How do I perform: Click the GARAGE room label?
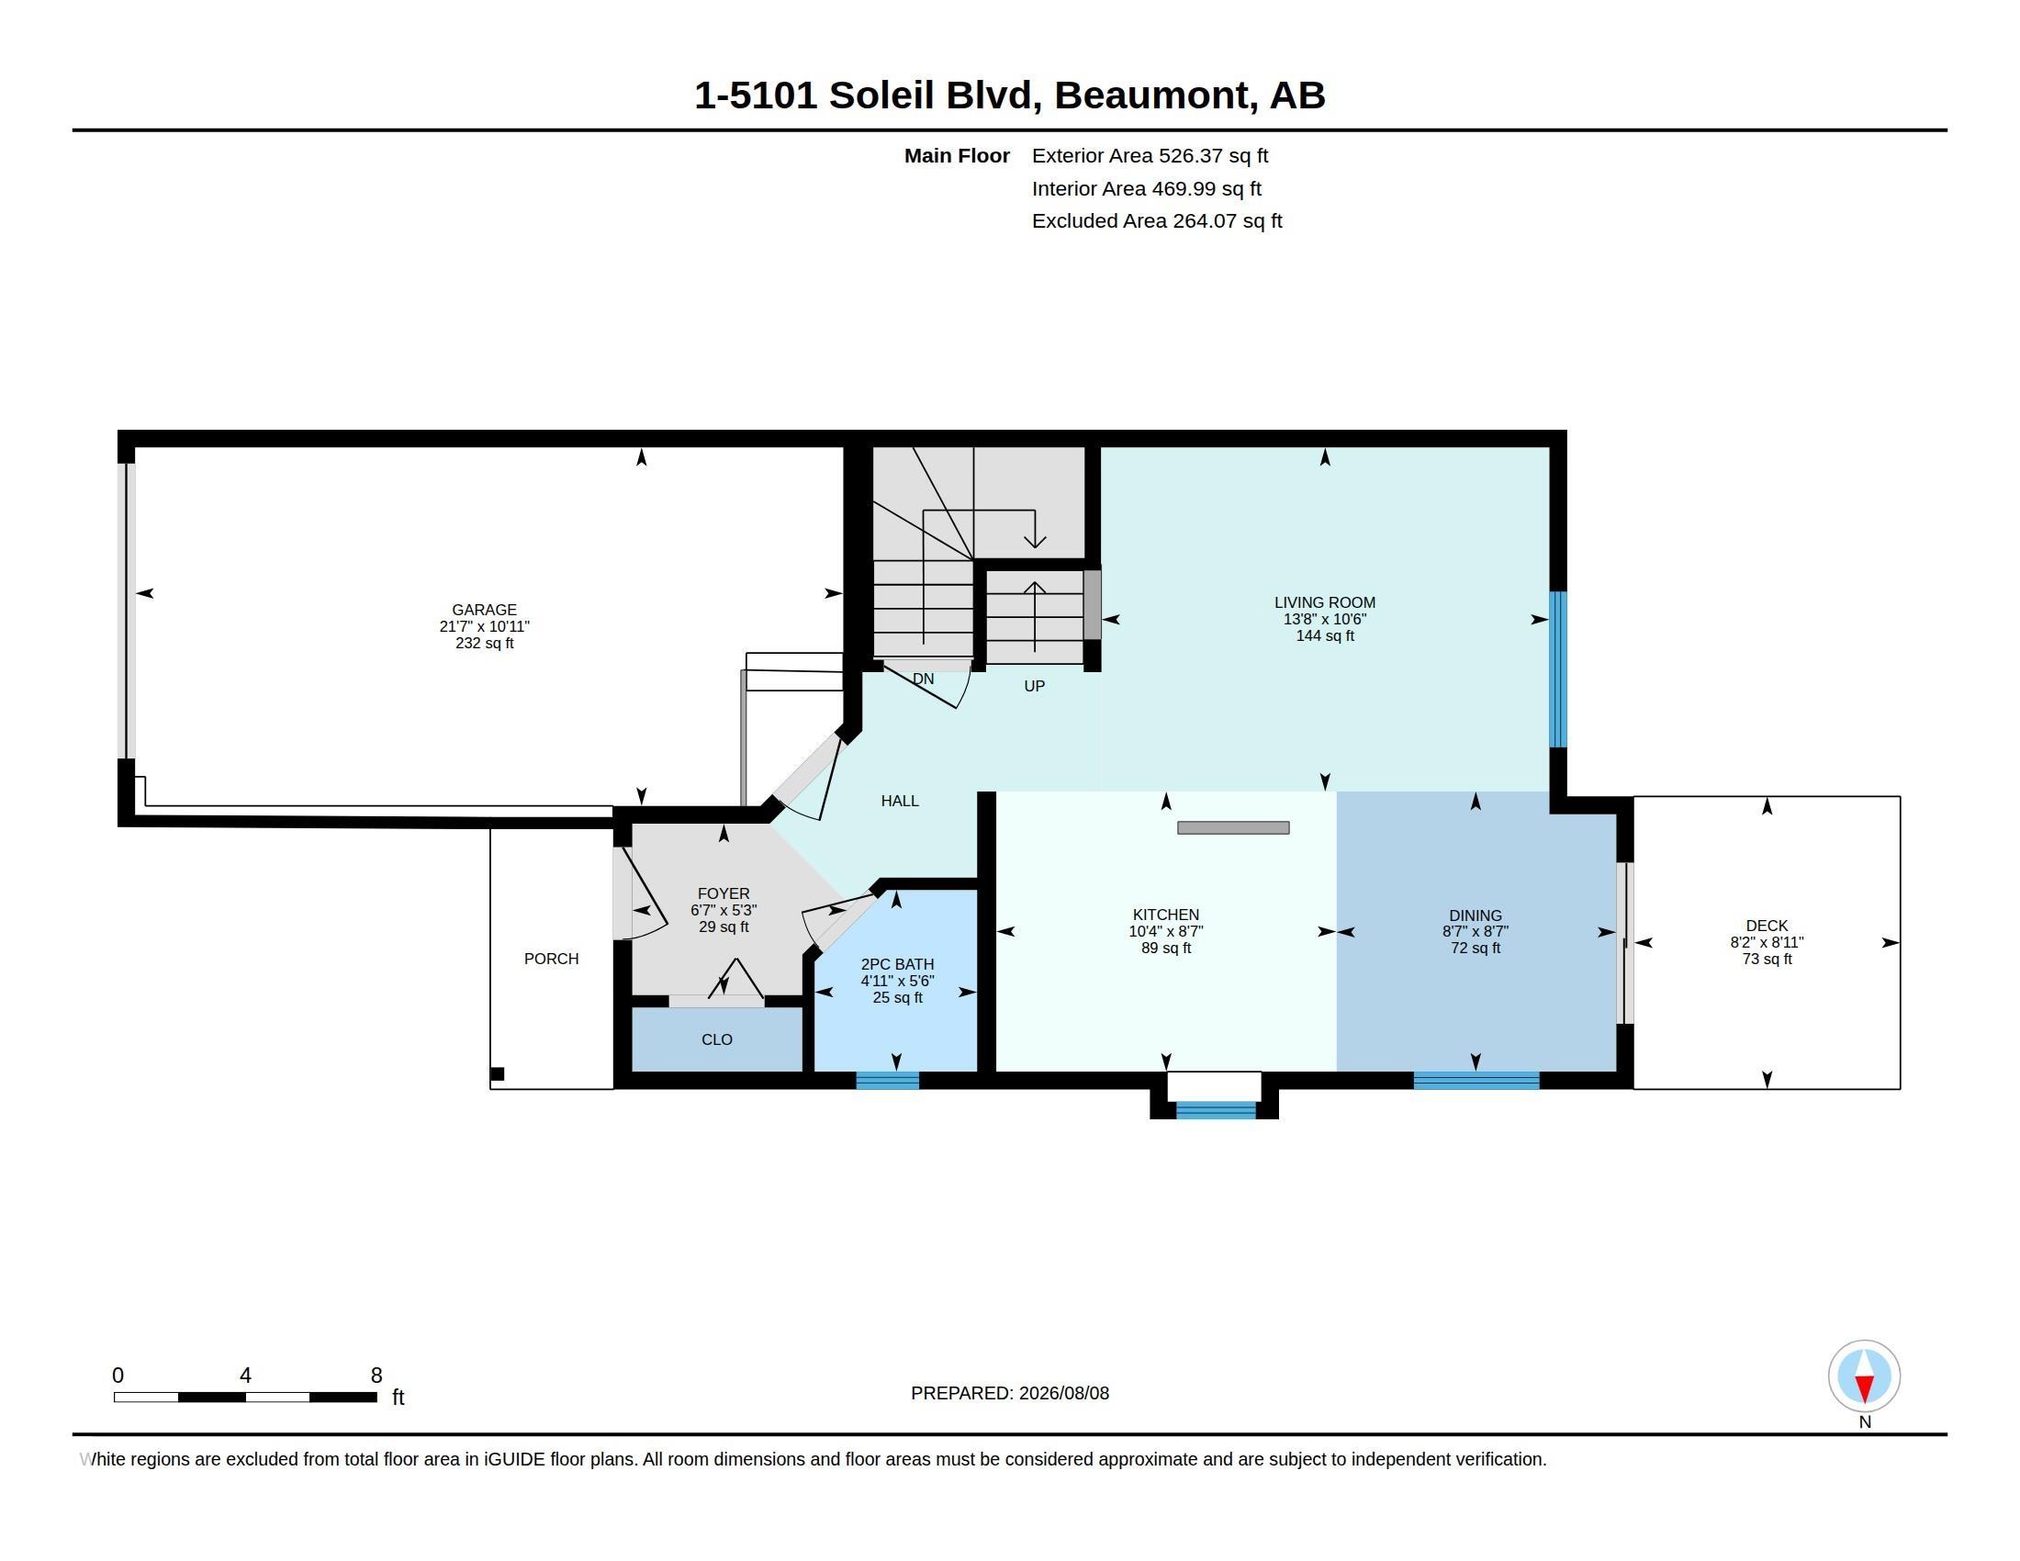pyautogui.click(x=484, y=610)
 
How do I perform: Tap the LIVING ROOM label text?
pyautogui.click(x=1324, y=602)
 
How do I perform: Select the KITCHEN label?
pyautogui.click(x=1165, y=915)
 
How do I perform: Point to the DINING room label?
pyautogui.click(x=1476, y=915)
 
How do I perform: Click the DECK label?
pyautogui.click(x=1767, y=926)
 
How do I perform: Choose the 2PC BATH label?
pyautogui.click(x=897, y=964)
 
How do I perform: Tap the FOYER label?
pyautogui.click(x=724, y=893)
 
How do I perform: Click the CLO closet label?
pyautogui.click(x=717, y=1039)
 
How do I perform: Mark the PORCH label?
pyautogui.click(x=551, y=959)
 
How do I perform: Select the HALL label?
pyautogui.click(x=900, y=801)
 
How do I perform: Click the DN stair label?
pyautogui.click(x=923, y=679)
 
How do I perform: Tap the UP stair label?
pyautogui.click(x=1034, y=686)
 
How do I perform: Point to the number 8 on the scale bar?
pyautogui.click(x=376, y=1376)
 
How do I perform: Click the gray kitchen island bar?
pyautogui.click(x=1233, y=827)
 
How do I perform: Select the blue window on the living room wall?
pyautogui.click(x=1558, y=668)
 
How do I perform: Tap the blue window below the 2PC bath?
pyautogui.click(x=887, y=1080)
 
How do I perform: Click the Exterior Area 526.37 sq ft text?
pyautogui.click(x=1150, y=155)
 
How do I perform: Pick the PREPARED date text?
pyautogui.click(x=1010, y=1393)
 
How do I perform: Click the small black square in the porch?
pyautogui.click(x=497, y=1073)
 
